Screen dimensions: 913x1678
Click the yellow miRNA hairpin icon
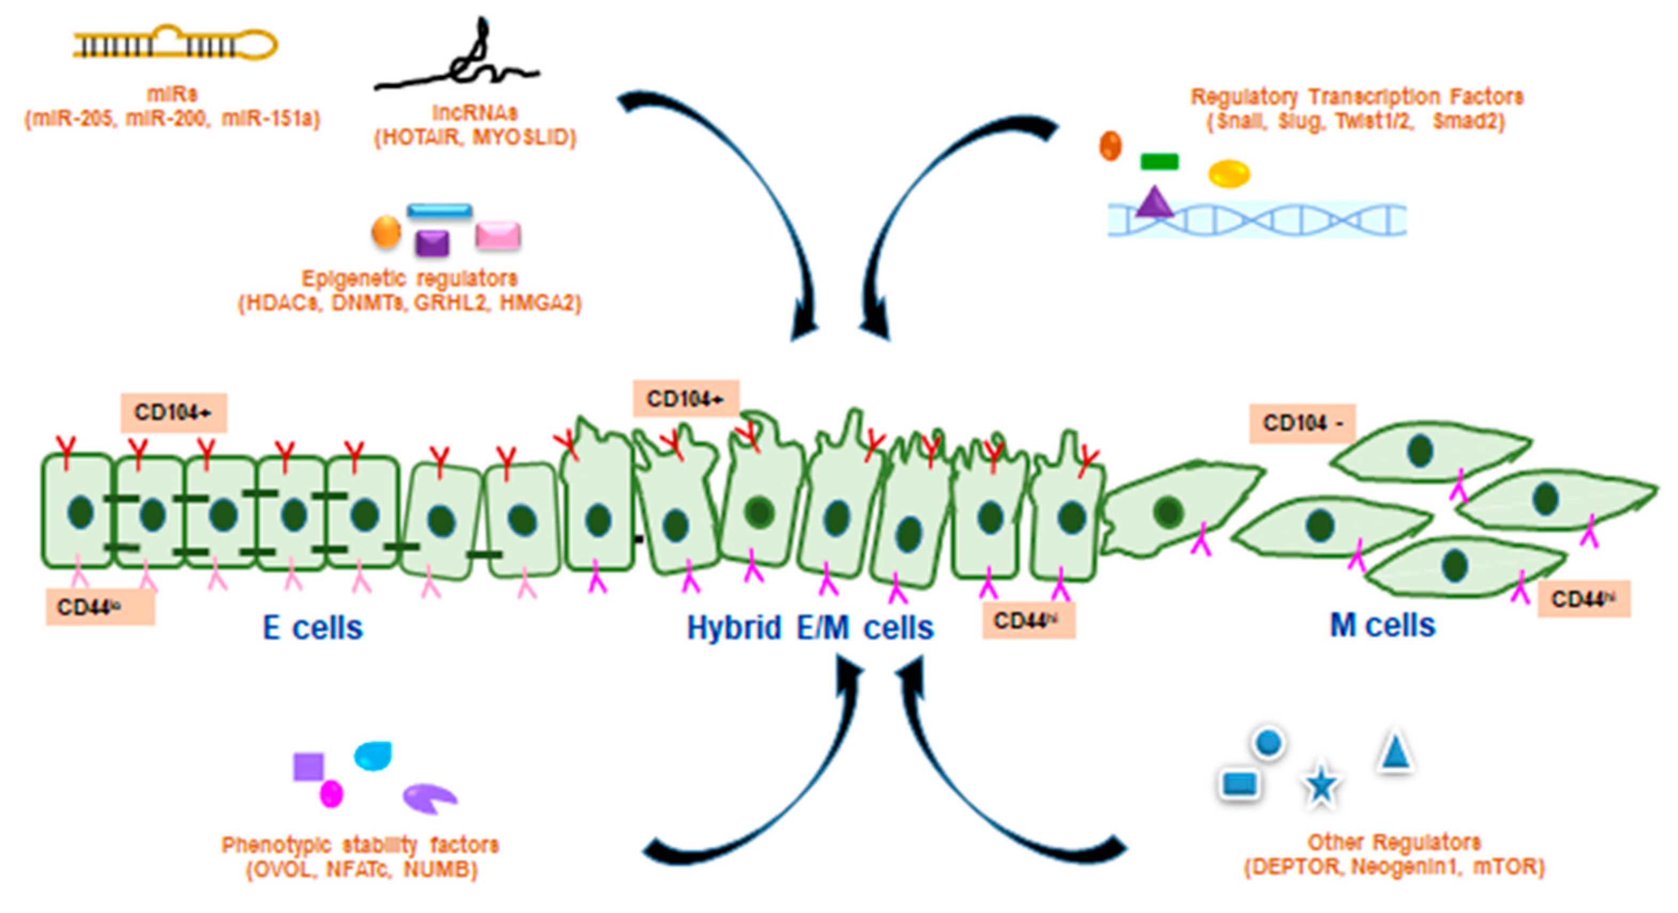[175, 44]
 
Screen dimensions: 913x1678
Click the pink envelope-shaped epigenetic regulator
[497, 235]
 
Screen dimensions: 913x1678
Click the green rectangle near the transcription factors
[1159, 161]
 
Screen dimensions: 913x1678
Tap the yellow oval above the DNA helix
[1229, 174]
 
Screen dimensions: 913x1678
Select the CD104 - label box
[1302, 423]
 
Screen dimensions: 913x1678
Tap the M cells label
[1382, 625]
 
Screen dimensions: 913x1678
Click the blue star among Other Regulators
[1320, 785]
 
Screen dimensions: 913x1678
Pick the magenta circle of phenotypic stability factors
[331, 794]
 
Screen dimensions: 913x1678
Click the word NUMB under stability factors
[439, 869]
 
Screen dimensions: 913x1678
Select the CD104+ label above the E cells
[173, 413]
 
